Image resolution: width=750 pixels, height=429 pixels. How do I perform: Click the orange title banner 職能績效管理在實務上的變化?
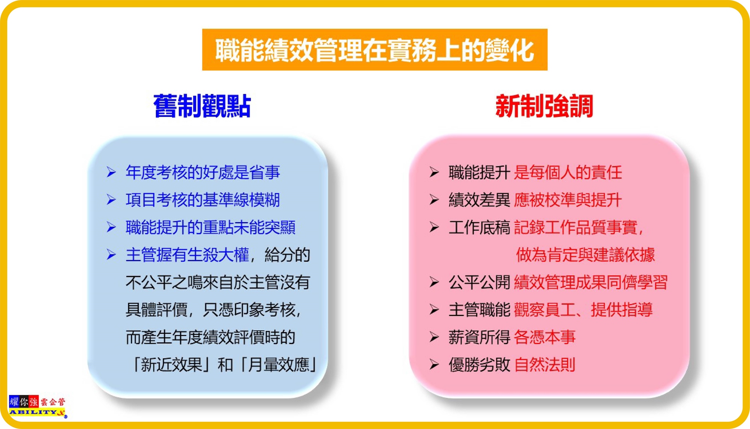pyautogui.click(x=375, y=50)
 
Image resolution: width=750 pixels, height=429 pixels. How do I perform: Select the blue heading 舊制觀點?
pyautogui.click(x=202, y=106)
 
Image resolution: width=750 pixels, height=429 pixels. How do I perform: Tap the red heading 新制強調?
pyautogui.click(x=544, y=106)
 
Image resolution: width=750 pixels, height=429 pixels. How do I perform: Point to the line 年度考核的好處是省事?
pyautogui.click(x=203, y=172)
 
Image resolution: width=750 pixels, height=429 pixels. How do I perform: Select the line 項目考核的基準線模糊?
pyautogui.click(x=203, y=200)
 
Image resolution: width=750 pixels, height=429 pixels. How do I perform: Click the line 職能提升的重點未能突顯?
pyautogui.click(x=210, y=227)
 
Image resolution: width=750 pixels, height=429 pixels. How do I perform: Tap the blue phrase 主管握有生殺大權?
pyautogui.click(x=187, y=255)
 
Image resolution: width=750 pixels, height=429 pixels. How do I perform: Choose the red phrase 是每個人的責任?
pyautogui.click(x=568, y=172)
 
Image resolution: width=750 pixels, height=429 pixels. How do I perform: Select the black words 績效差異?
pyautogui.click(x=479, y=200)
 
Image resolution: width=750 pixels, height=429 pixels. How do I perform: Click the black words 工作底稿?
pyautogui.click(x=479, y=227)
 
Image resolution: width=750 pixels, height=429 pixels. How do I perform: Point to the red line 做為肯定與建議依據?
pyautogui.click(x=585, y=255)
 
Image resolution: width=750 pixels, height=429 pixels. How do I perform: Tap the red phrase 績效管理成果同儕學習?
pyautogui.click(x=591, y=282)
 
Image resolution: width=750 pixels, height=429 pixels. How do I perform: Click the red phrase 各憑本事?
pyautogui.click(x=544, y=337)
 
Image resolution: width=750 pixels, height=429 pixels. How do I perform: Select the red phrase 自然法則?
pyautogui.click(x=544, y=364)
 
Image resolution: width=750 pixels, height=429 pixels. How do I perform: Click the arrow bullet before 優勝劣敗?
pyautogui.click(x=434, y=364)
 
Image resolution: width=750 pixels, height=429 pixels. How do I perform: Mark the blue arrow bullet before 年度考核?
pyautogui.click(x=111, y=172)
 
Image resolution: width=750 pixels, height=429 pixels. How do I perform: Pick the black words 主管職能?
pyautogui.click(x=479, y=310)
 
